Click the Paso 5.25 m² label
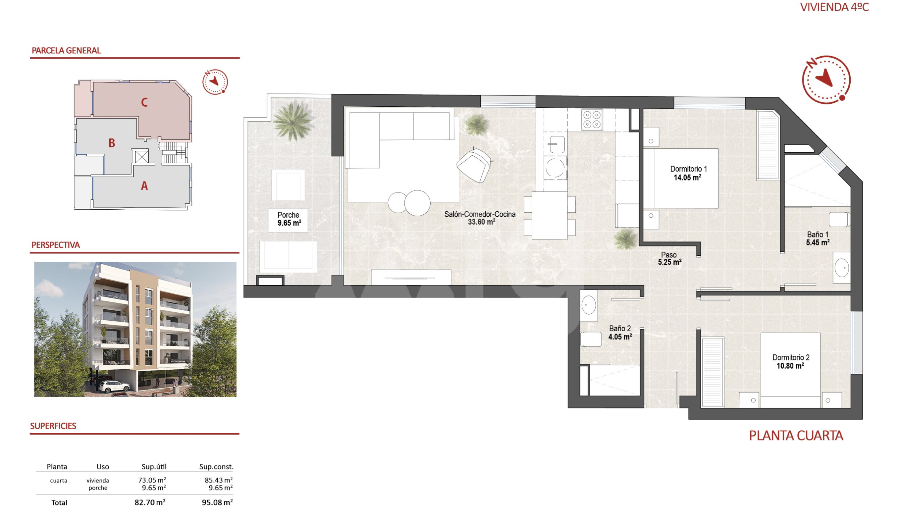pos(669,258)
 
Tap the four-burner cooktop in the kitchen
pos(592,120)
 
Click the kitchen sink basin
pos(556,144)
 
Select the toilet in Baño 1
pos(839,220)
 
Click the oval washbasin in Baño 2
pos(588,305)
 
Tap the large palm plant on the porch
pos(293,121)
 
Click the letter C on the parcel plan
pos(144,102)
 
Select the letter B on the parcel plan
pos(112,143)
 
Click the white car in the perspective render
pos(114,386)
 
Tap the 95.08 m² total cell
pos(217,502)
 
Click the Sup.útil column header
pos(154,466)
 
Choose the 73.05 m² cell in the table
pos(152,480)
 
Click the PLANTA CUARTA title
pos(796,435)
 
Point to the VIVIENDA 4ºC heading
pos(834,7)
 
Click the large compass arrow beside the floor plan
pos(825,77)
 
